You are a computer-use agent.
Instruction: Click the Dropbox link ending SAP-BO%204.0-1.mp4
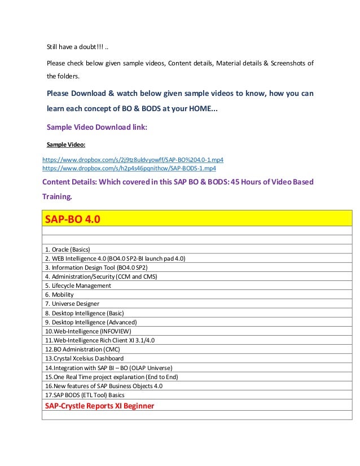pos(133,160)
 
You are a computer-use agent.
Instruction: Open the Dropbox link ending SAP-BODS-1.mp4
pos(129,168)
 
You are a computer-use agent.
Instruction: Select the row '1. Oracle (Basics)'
pos(67,249)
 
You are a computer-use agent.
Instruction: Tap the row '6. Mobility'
pos(56,294)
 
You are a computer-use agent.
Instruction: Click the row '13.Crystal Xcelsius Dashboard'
pos(84,358)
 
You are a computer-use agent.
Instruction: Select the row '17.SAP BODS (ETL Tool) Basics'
pos(85,395)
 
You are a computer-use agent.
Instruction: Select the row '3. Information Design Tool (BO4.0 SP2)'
pos(96,267)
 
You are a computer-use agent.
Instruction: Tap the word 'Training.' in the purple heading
pos(58,197)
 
